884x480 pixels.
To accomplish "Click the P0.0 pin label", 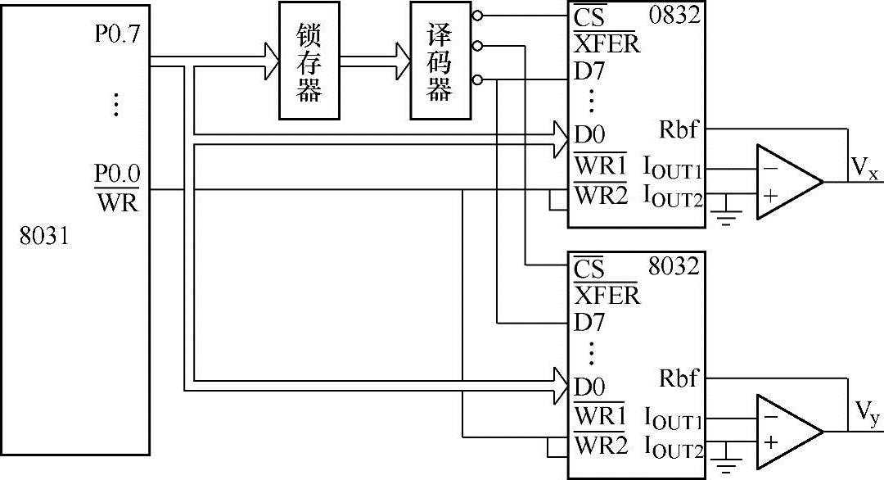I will tap(117, 175).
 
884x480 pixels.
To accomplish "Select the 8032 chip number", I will tap(675, 268).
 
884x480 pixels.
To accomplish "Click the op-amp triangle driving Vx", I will tap(787, 182).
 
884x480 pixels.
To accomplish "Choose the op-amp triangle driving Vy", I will tap(787, 432).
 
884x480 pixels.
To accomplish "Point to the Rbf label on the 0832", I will tap(679, 129).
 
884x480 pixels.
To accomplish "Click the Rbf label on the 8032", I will tap(679, 379).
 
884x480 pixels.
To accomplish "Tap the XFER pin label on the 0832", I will tap(607, 43).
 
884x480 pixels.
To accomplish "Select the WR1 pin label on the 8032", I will tap(600, 416).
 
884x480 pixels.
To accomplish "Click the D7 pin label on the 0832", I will tap(589, 71).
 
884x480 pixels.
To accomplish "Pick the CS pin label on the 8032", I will tap(589, 269).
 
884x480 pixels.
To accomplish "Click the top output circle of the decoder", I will tap(477, 16).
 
